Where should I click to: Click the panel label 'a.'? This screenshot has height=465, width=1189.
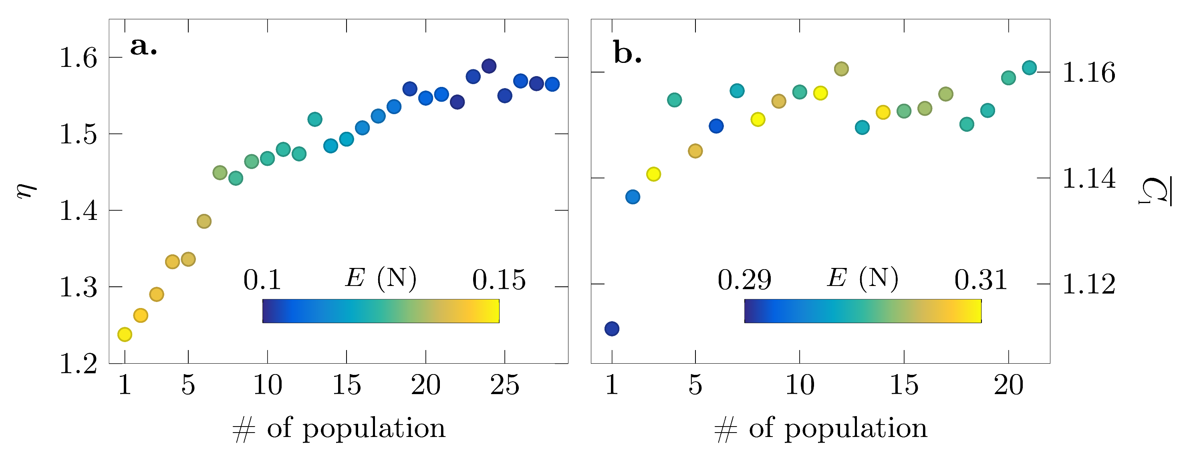click(x=143, y=46)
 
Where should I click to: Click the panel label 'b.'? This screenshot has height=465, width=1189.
click(x=627, y=54)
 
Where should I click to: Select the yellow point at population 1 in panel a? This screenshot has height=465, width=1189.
click(x=125, y=334)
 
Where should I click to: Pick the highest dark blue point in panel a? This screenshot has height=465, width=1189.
click(x=489, y=66)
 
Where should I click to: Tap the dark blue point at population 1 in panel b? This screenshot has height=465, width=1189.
click(x=612, y=329)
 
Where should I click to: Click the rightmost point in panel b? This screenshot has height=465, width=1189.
click(x=1029, y=68)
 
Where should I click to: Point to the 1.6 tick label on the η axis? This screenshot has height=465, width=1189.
click(x=79, y=58)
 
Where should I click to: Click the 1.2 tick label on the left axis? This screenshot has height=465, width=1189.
click(x=79, y=364)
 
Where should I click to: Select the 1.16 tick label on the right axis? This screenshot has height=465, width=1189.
click(x=1089, y=73)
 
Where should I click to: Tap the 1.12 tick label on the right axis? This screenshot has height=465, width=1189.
click(x=1089, y=284)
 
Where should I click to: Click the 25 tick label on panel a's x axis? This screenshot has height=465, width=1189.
click(x=504, y=385)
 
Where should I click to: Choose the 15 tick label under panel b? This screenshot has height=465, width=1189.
click(x=904, y=385)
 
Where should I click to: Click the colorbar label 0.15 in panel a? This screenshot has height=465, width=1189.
click(x=498, y=280)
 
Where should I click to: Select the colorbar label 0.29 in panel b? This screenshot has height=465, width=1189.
click(x=744, y=280)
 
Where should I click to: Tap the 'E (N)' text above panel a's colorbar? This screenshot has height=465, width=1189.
click(x=381, y=278)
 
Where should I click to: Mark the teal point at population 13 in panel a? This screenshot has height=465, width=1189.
click(x=315, y=119)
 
